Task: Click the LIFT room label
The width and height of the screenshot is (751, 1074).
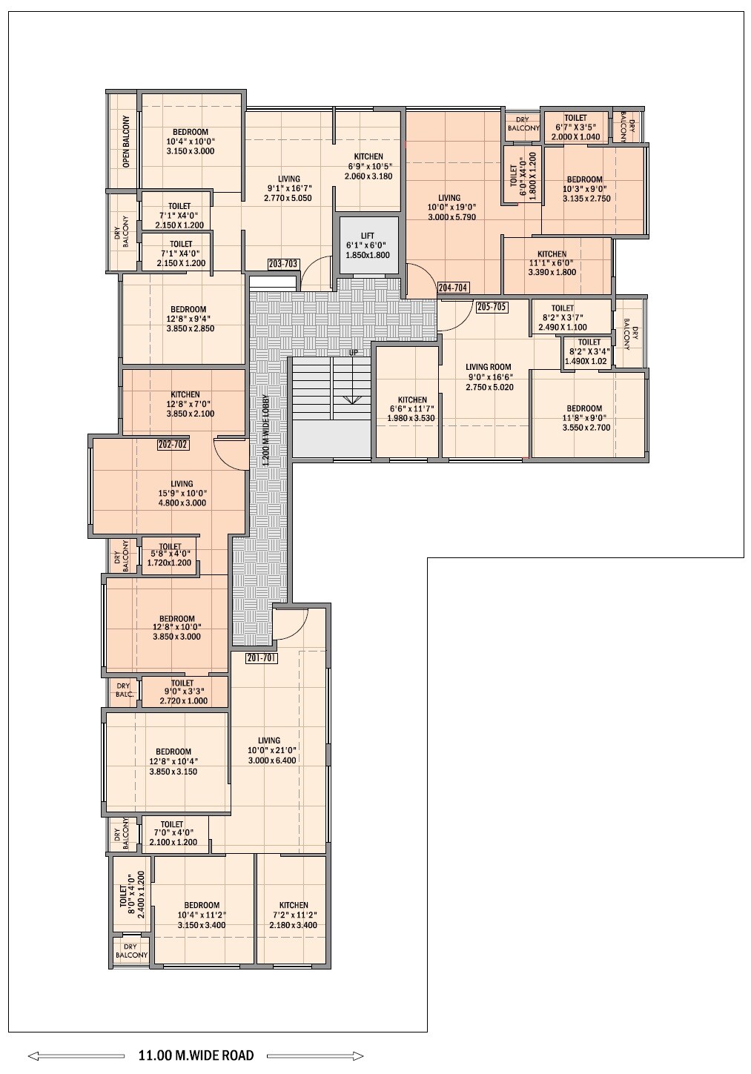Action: click(x=368, y=236)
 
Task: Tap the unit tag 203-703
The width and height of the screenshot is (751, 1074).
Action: click(x=283, y=264)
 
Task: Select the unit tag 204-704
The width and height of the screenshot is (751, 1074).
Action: click(x=453, y=288)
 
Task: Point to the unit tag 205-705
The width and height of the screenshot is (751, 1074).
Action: click(x=492, y=307)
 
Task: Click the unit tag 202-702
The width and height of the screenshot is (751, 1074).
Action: click(x=173, y=445)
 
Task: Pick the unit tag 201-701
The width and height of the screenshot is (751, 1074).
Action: click(x=262, y=658)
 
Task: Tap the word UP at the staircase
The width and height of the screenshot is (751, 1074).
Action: click(x=354, y=352)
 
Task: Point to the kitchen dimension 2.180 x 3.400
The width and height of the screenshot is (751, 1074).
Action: click(x=293, y=925)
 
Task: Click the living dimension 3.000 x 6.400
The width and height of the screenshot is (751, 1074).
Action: click(x=272, y=760)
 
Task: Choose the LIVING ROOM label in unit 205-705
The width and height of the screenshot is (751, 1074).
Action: click(x=489, y=368)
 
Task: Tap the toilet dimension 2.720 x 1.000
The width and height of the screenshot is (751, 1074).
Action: click(x=184, y=700)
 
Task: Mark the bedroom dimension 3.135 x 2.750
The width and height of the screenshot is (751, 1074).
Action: click(x=586, y=199)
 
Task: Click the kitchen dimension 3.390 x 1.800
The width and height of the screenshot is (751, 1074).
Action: click(x=552, y=272)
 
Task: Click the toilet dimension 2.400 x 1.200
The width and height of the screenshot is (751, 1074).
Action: click(x=141, y=895)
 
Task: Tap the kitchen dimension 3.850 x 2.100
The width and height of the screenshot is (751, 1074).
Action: click(x=191, y=414)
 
